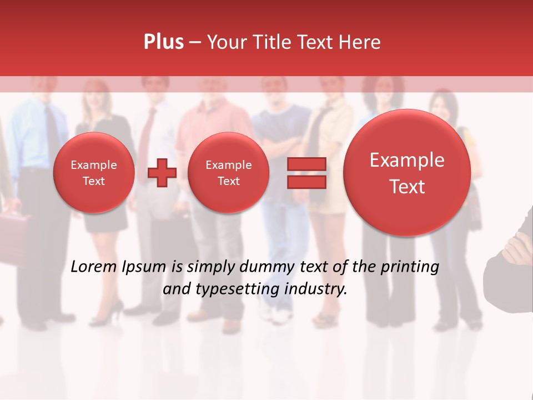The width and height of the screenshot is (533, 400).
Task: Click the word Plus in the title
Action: coord(163,42)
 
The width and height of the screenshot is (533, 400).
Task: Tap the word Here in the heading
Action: coord(360,42)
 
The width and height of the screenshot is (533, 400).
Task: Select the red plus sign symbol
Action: coord(162,172)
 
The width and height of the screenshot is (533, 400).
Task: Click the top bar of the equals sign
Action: coord(306,164)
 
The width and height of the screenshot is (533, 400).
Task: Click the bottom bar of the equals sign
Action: coord(306,182)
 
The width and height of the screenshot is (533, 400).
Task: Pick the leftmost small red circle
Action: coord(94,172)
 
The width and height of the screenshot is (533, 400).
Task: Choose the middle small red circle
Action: coord(228,172)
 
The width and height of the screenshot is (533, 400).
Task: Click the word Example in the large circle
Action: coord(407,160)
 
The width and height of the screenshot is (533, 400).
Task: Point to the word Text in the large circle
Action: coord(407,187)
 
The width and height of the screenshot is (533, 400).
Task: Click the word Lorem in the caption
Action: coord(94,267)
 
